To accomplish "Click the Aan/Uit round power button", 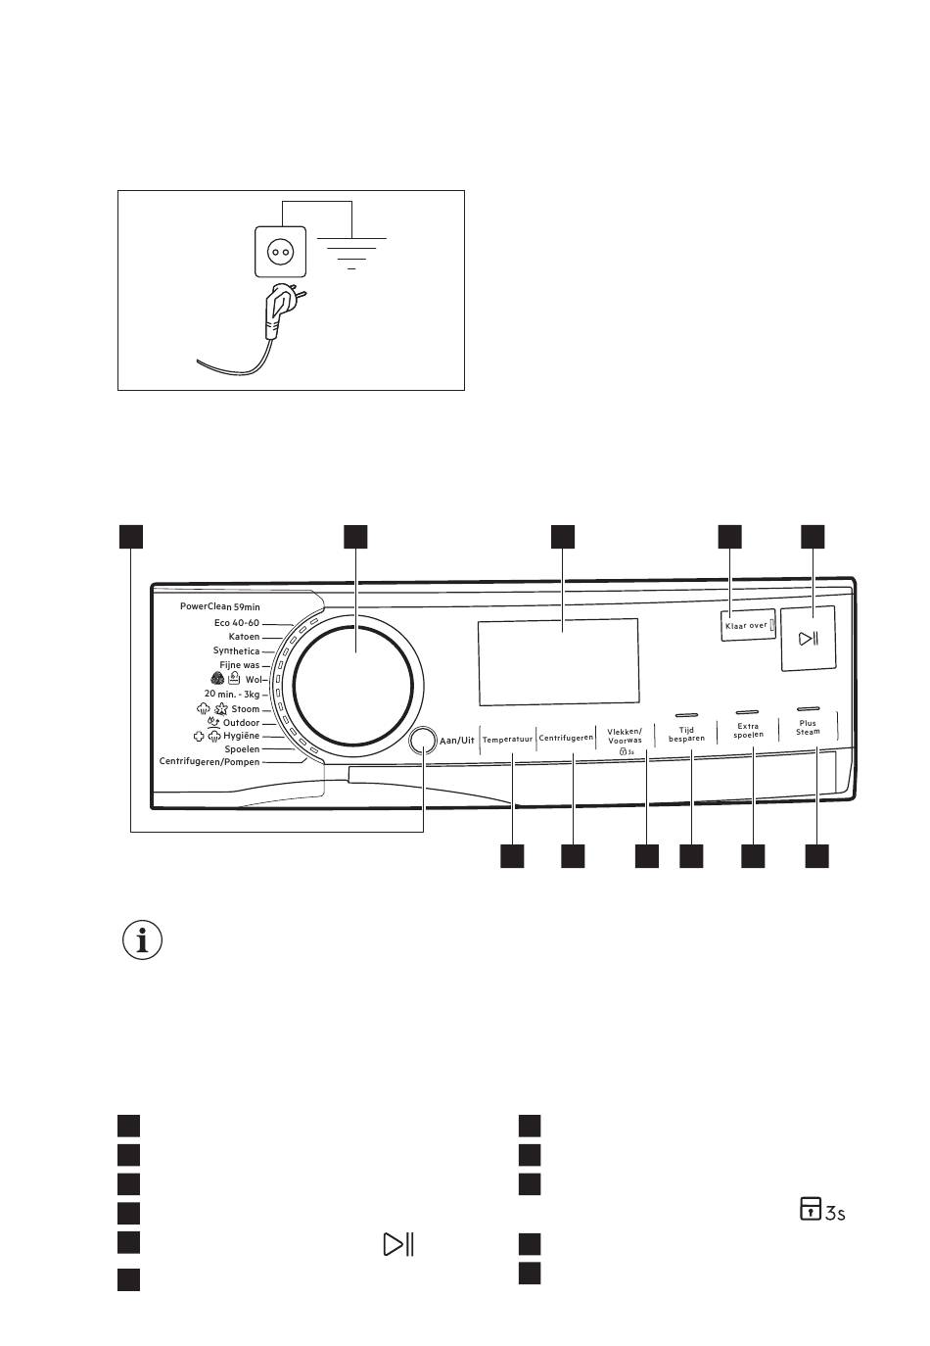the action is point(422,740).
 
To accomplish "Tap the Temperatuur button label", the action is point(507,739).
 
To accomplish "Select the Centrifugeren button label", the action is point(566,738).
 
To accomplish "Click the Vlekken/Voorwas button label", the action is point(625,736).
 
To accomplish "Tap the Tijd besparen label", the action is point(686,734).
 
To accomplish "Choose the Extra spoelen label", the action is point(748,730).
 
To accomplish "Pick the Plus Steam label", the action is point(808,727).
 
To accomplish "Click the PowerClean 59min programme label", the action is point(219,607).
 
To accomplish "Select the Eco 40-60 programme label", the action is point(237,623).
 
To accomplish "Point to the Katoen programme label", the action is point(244,637).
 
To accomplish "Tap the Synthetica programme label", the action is point(236,651).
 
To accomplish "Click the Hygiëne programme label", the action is point(242,736).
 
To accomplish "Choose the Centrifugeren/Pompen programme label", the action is point(209,762).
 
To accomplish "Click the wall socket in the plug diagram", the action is point(280,252).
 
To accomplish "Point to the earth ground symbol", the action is point(351,253).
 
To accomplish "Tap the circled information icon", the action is point(142,939).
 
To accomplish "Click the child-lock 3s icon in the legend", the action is point(822,1209).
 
